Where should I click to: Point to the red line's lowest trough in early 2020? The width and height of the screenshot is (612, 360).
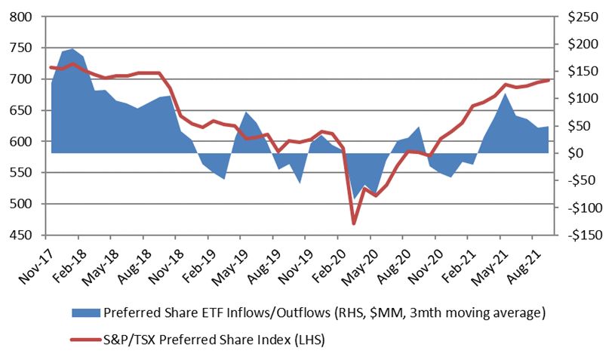[x=353, y=223]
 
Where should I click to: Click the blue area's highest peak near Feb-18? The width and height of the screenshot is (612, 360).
[x=72, y=49]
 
